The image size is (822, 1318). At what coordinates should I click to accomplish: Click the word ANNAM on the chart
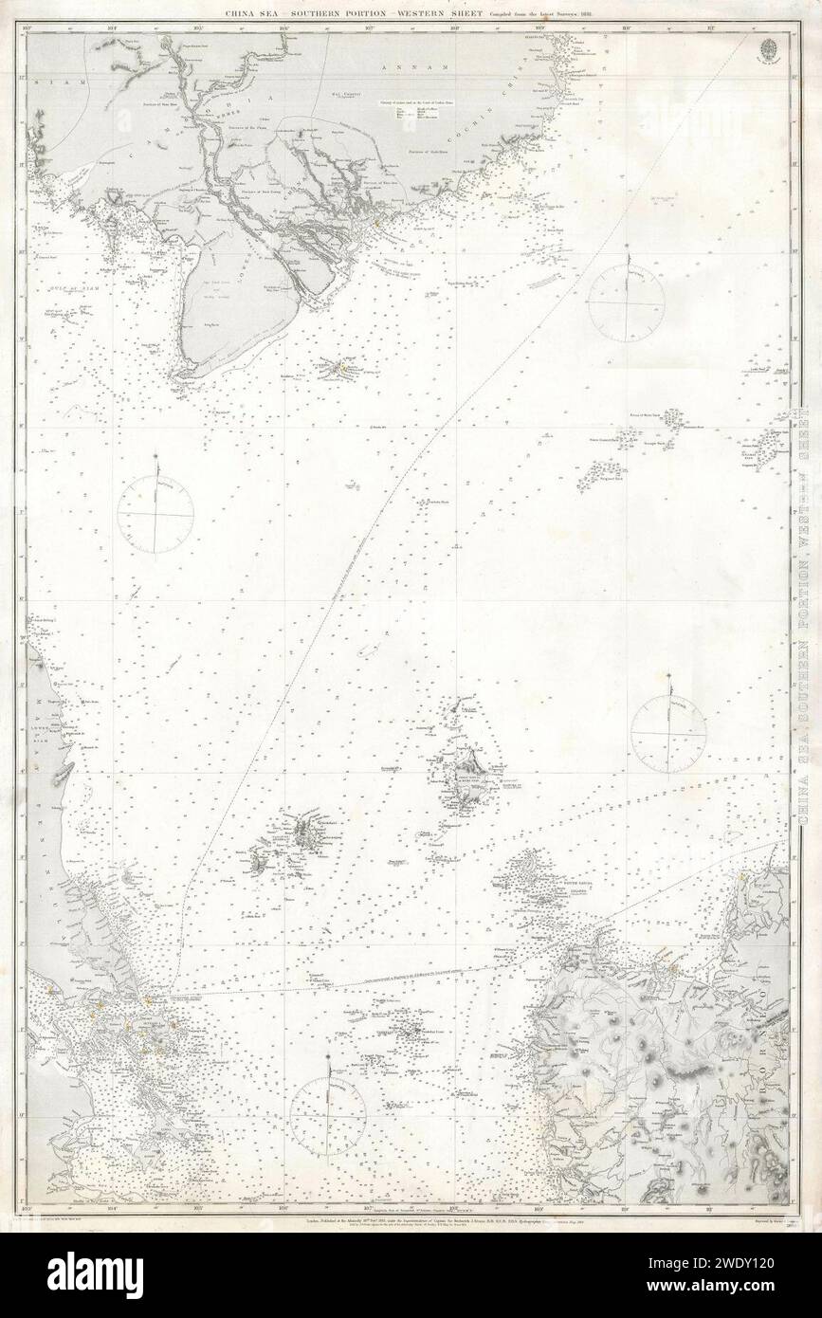coord(413,69)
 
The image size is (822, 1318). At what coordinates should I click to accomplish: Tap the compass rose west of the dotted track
coord(155,513)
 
